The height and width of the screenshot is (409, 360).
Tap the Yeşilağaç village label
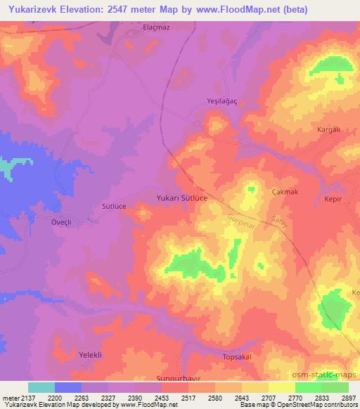(x=220, y=100)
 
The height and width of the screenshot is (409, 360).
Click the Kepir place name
(x=332, y=200)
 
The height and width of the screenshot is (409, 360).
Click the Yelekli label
(x=90, y=355)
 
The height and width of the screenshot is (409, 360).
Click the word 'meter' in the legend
(x=11, y=397)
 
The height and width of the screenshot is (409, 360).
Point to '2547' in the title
(x=117, y=8)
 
